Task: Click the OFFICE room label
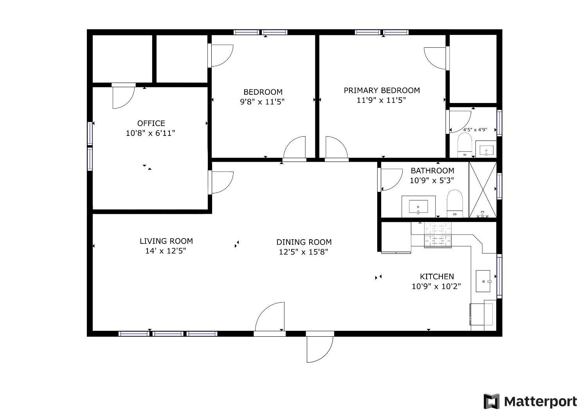[x=151, y=123]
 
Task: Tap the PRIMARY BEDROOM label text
[x=382, y=90]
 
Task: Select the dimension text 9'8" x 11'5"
[x=262, y=102]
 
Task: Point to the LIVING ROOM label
[x=166, y=241]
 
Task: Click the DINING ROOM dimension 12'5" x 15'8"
[x=303, y=252]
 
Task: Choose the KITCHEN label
[x=437, y=276]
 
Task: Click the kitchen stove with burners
[x=438, y=235]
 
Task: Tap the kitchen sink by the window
[x=483, y=281]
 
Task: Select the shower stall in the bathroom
[x=483, y=189]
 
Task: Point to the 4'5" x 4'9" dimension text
[x=475, y=130]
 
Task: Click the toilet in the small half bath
[x=465, y=144]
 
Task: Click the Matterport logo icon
[x=492, y=401]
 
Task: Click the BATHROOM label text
[x=432, y=171]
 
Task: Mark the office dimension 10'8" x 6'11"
[x=150, y=134]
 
